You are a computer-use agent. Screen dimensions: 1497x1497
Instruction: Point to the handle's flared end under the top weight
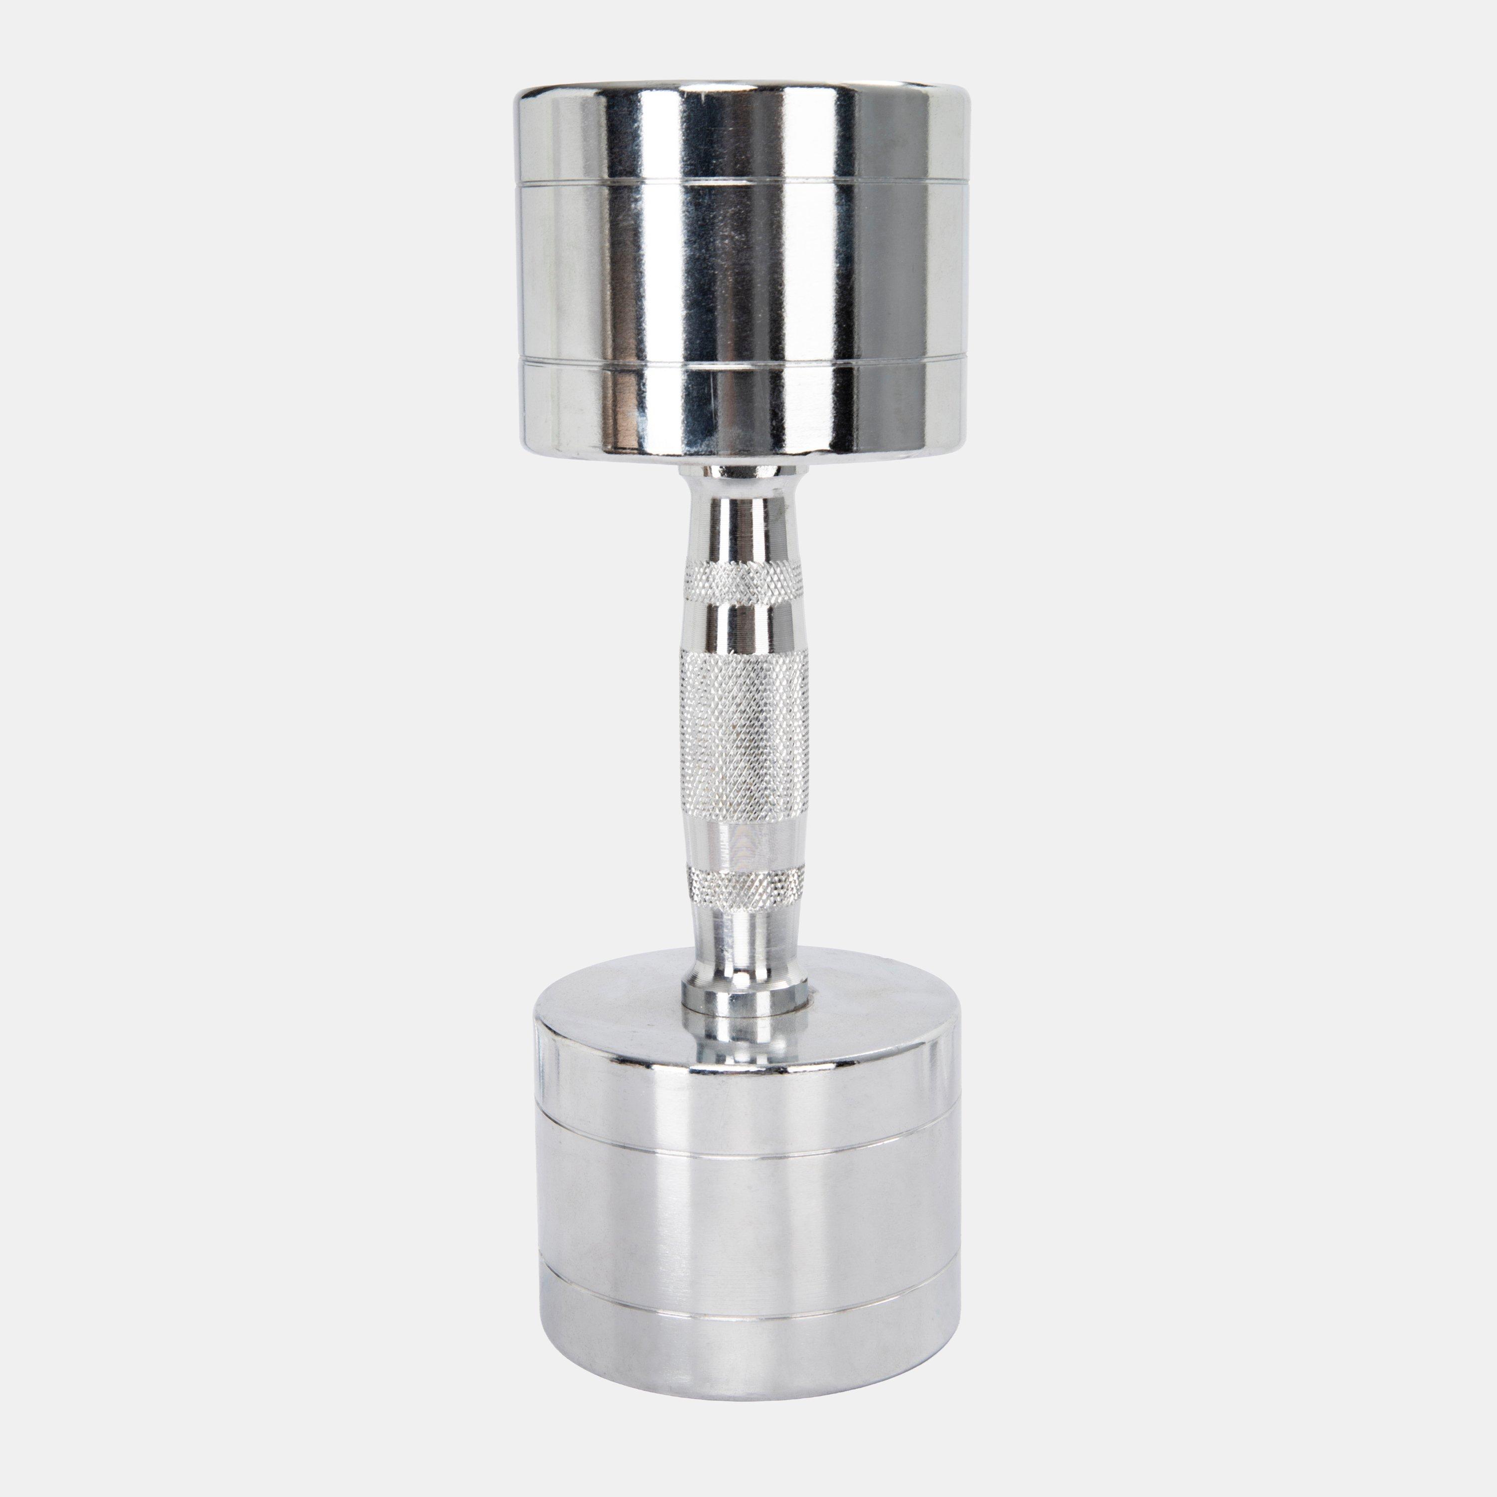(x=736, y=484)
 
